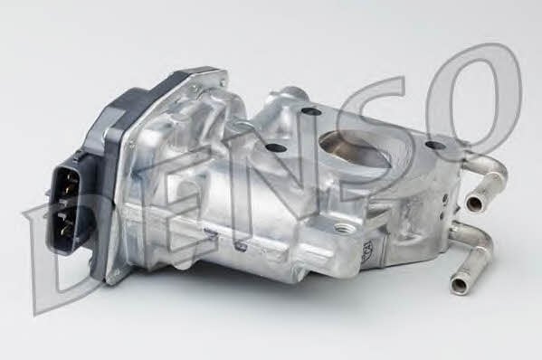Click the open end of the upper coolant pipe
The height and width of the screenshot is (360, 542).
click(x=473, y=202)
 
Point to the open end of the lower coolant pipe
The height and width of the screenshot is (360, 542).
click(x=460, y=285)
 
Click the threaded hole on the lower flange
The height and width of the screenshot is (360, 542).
click(x=346, y=228)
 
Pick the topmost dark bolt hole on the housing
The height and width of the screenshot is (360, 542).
click(x=309, y=111)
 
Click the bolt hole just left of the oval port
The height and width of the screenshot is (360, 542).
click(x=277, y=148)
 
